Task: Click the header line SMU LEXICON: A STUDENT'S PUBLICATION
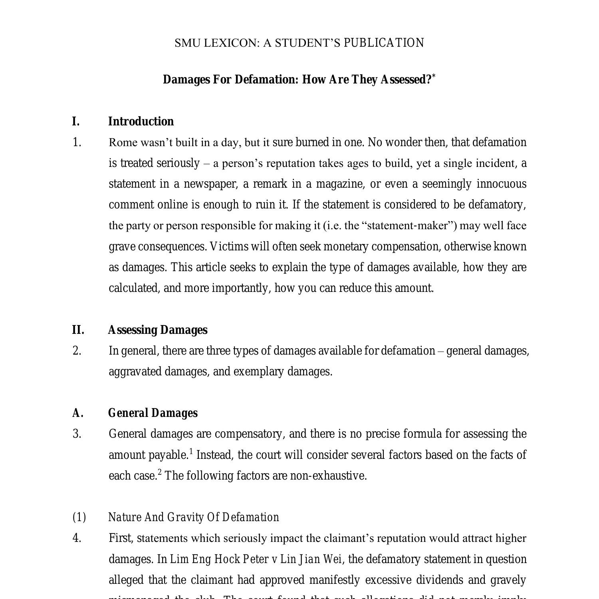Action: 299,43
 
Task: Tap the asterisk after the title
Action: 434,75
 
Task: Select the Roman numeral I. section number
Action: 76,121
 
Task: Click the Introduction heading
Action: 141,121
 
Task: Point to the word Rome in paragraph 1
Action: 123,143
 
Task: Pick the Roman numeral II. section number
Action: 78,330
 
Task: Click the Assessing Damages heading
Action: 158,330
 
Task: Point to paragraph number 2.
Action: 77,351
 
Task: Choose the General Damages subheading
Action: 153,413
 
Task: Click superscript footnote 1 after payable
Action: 191,451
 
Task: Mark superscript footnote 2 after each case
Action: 160,472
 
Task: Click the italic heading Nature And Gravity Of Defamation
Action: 194,517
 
